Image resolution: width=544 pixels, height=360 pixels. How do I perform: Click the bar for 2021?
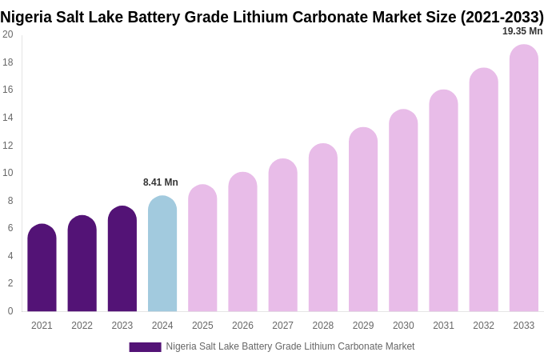click(42, 268)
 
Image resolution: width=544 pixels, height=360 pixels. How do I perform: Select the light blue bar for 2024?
click(162, 254)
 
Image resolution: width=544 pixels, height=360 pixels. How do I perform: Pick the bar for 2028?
click(322, 228)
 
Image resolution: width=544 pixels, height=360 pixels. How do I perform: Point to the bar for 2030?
click(403, 210)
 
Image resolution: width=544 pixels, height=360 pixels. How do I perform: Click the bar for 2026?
click(242, 242)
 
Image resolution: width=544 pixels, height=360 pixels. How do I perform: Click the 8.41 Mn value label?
click(161, 182)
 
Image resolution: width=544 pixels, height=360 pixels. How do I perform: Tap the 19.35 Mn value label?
click(522, 31)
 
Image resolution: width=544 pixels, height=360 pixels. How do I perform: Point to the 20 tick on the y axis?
click(8, 34)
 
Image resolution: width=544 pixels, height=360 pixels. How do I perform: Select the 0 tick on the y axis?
click(10, 311)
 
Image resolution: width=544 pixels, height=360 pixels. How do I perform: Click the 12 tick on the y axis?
click(8, 145)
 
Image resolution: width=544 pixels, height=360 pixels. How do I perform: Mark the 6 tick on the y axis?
click(10, 228)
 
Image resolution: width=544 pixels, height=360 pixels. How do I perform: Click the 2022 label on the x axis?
click(82, 326)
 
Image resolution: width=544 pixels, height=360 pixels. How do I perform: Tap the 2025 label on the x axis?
click(202, 326)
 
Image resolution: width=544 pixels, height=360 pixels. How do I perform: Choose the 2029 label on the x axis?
click(363, 326)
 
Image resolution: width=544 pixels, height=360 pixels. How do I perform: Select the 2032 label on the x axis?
click(483, 326)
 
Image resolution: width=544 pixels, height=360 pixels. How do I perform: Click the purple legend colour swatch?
click(145, 347)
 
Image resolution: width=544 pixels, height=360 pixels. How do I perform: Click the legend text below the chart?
click(290, 346)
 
